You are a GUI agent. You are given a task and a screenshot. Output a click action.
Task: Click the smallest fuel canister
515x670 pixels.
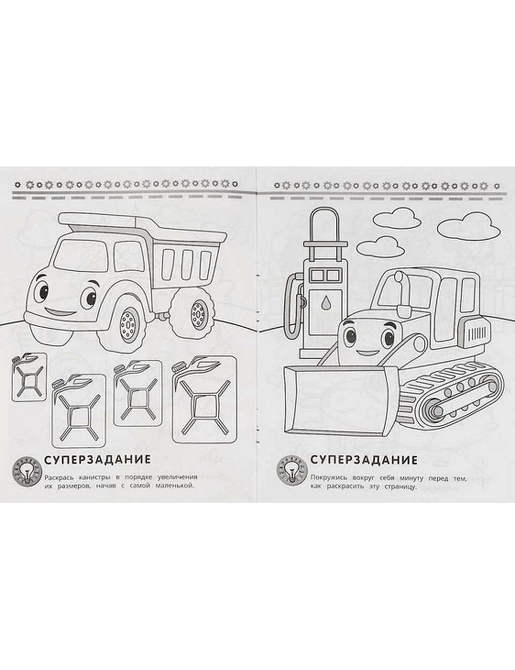[x=29, y=377]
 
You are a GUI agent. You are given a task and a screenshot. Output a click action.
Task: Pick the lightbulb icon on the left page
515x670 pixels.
[x=27, y=475]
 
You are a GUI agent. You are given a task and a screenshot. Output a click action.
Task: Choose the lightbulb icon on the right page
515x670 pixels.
[x=291, y=475]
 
